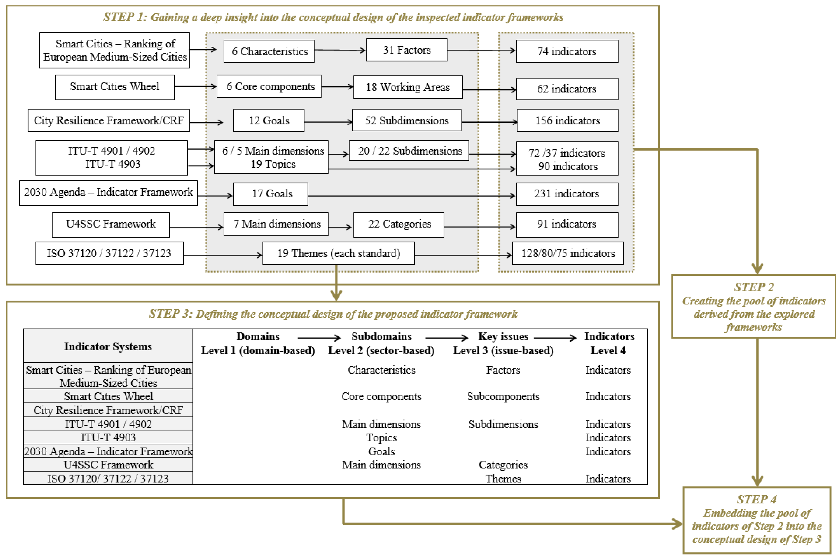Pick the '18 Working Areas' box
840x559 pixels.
[408, 87]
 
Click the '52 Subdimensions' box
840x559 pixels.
[406, 120]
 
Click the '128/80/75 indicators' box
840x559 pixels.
[567, 253]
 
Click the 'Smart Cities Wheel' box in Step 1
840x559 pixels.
[115, 87]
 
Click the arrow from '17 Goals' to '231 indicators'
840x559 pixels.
[411, 196]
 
